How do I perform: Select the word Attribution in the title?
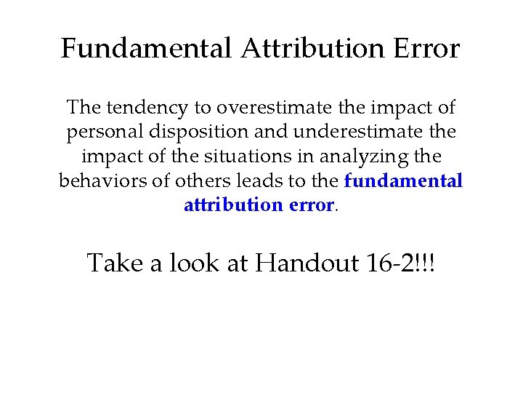pos(312,49)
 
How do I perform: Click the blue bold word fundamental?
pos(403,180)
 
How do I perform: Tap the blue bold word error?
pos(311,205)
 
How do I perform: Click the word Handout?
pos(307,263)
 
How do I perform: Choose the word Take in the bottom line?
pos(115,263)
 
